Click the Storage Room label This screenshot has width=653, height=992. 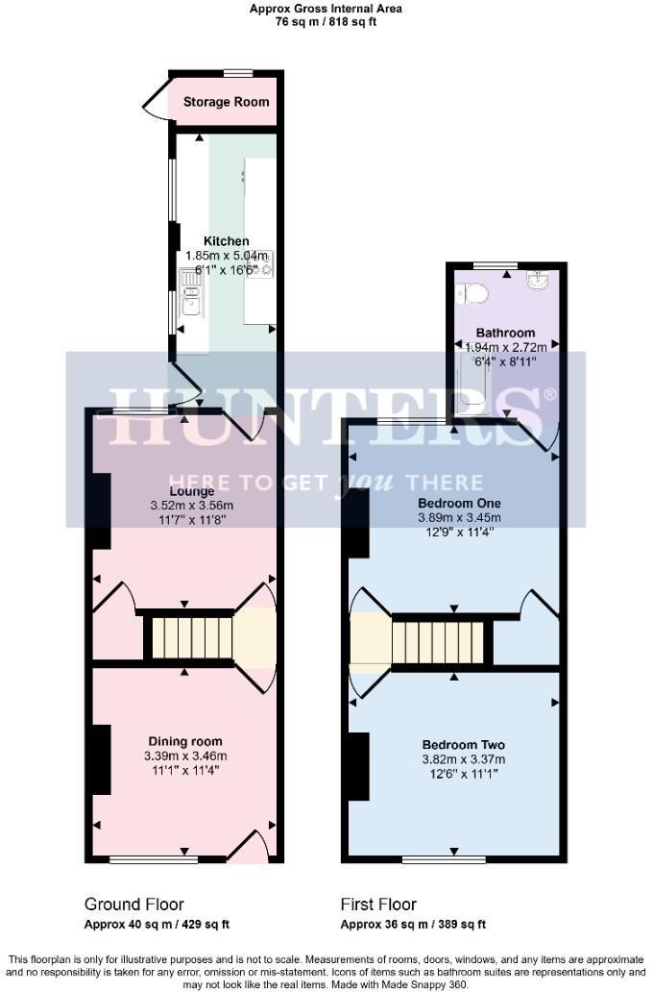point(226,102)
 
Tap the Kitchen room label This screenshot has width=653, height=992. point(226,241)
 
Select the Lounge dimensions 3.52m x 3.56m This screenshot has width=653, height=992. point(191,506)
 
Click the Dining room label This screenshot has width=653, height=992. point(184,741)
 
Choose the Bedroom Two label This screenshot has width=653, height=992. point(463,745)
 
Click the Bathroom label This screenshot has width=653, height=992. point(505,333)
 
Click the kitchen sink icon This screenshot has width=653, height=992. point(191,292)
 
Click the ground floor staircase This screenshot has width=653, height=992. point(189,637)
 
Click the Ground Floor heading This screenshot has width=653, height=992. point(133,905)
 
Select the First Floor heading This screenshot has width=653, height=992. point(378,905)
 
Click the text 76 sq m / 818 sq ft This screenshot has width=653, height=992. point(326,21)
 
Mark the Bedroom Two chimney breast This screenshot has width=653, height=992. point(356,765)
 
